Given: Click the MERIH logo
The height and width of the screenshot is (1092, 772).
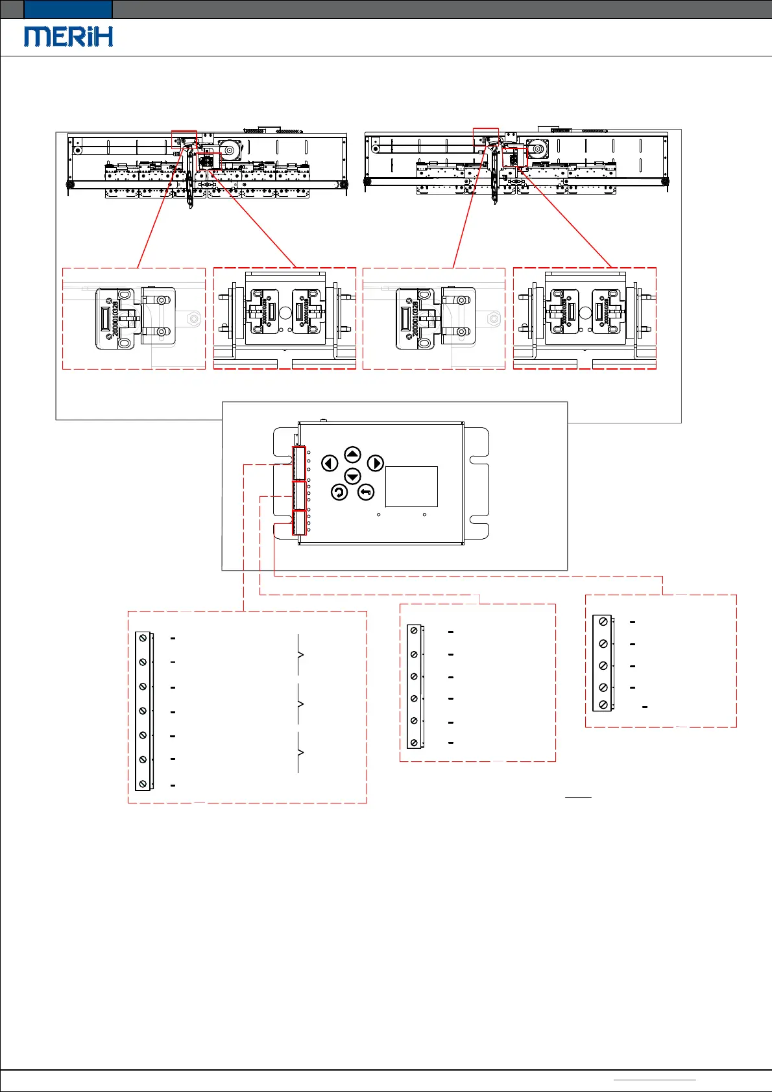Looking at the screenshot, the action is point(69,36).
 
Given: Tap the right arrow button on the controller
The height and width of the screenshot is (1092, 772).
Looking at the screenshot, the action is point(376,463).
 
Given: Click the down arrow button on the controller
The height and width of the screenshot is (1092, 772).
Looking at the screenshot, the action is point(352,477).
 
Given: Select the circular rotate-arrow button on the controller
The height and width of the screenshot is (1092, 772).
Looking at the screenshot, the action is point(339,493).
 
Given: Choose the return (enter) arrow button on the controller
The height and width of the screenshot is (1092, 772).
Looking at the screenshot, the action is point(366,493).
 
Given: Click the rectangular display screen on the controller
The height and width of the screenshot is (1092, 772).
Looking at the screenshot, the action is point(411,486).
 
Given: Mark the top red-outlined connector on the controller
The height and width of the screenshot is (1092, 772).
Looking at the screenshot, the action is point(299,463).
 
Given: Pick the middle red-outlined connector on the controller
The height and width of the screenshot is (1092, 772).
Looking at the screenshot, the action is point(299,495).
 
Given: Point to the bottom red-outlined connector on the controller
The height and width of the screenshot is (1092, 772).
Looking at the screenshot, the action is point(299,523).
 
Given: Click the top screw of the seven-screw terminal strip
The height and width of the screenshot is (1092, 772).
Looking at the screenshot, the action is point(143,639).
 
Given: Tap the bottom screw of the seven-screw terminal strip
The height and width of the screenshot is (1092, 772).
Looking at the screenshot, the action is point(143,784).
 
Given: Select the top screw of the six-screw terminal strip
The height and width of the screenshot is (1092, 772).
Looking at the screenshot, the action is point(414,632).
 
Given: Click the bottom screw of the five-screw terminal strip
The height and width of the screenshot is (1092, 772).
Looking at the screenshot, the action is point(603,705).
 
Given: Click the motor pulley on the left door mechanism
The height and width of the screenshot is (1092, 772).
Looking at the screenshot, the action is point(228,151).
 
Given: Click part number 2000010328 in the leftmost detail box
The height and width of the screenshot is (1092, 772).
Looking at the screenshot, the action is point(115,318).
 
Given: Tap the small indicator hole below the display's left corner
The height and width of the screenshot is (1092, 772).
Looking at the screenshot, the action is point(379,515).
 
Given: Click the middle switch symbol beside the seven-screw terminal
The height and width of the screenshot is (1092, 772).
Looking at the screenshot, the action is point(299,704).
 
